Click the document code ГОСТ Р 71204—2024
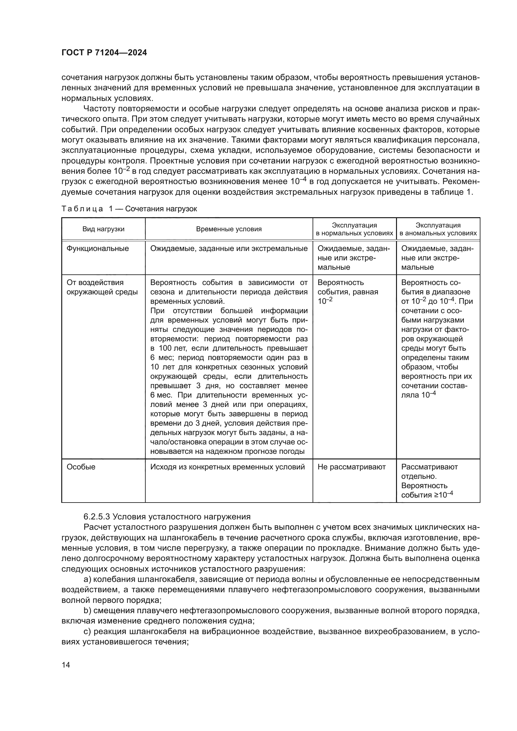(104, 53)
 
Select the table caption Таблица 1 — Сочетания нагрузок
(129, 209)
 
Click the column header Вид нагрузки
(103, 229)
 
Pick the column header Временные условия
(229, 229)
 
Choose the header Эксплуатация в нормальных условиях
(354, 229)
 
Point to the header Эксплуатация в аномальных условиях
(438, 229)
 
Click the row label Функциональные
(98, 249)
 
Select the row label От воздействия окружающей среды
(102, 288)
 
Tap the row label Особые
(81, 467)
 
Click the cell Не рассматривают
(351, 467)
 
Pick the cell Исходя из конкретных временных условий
(227, 467)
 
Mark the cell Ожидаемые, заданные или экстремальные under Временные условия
(229, 249)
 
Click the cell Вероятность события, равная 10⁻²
(348, 292)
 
